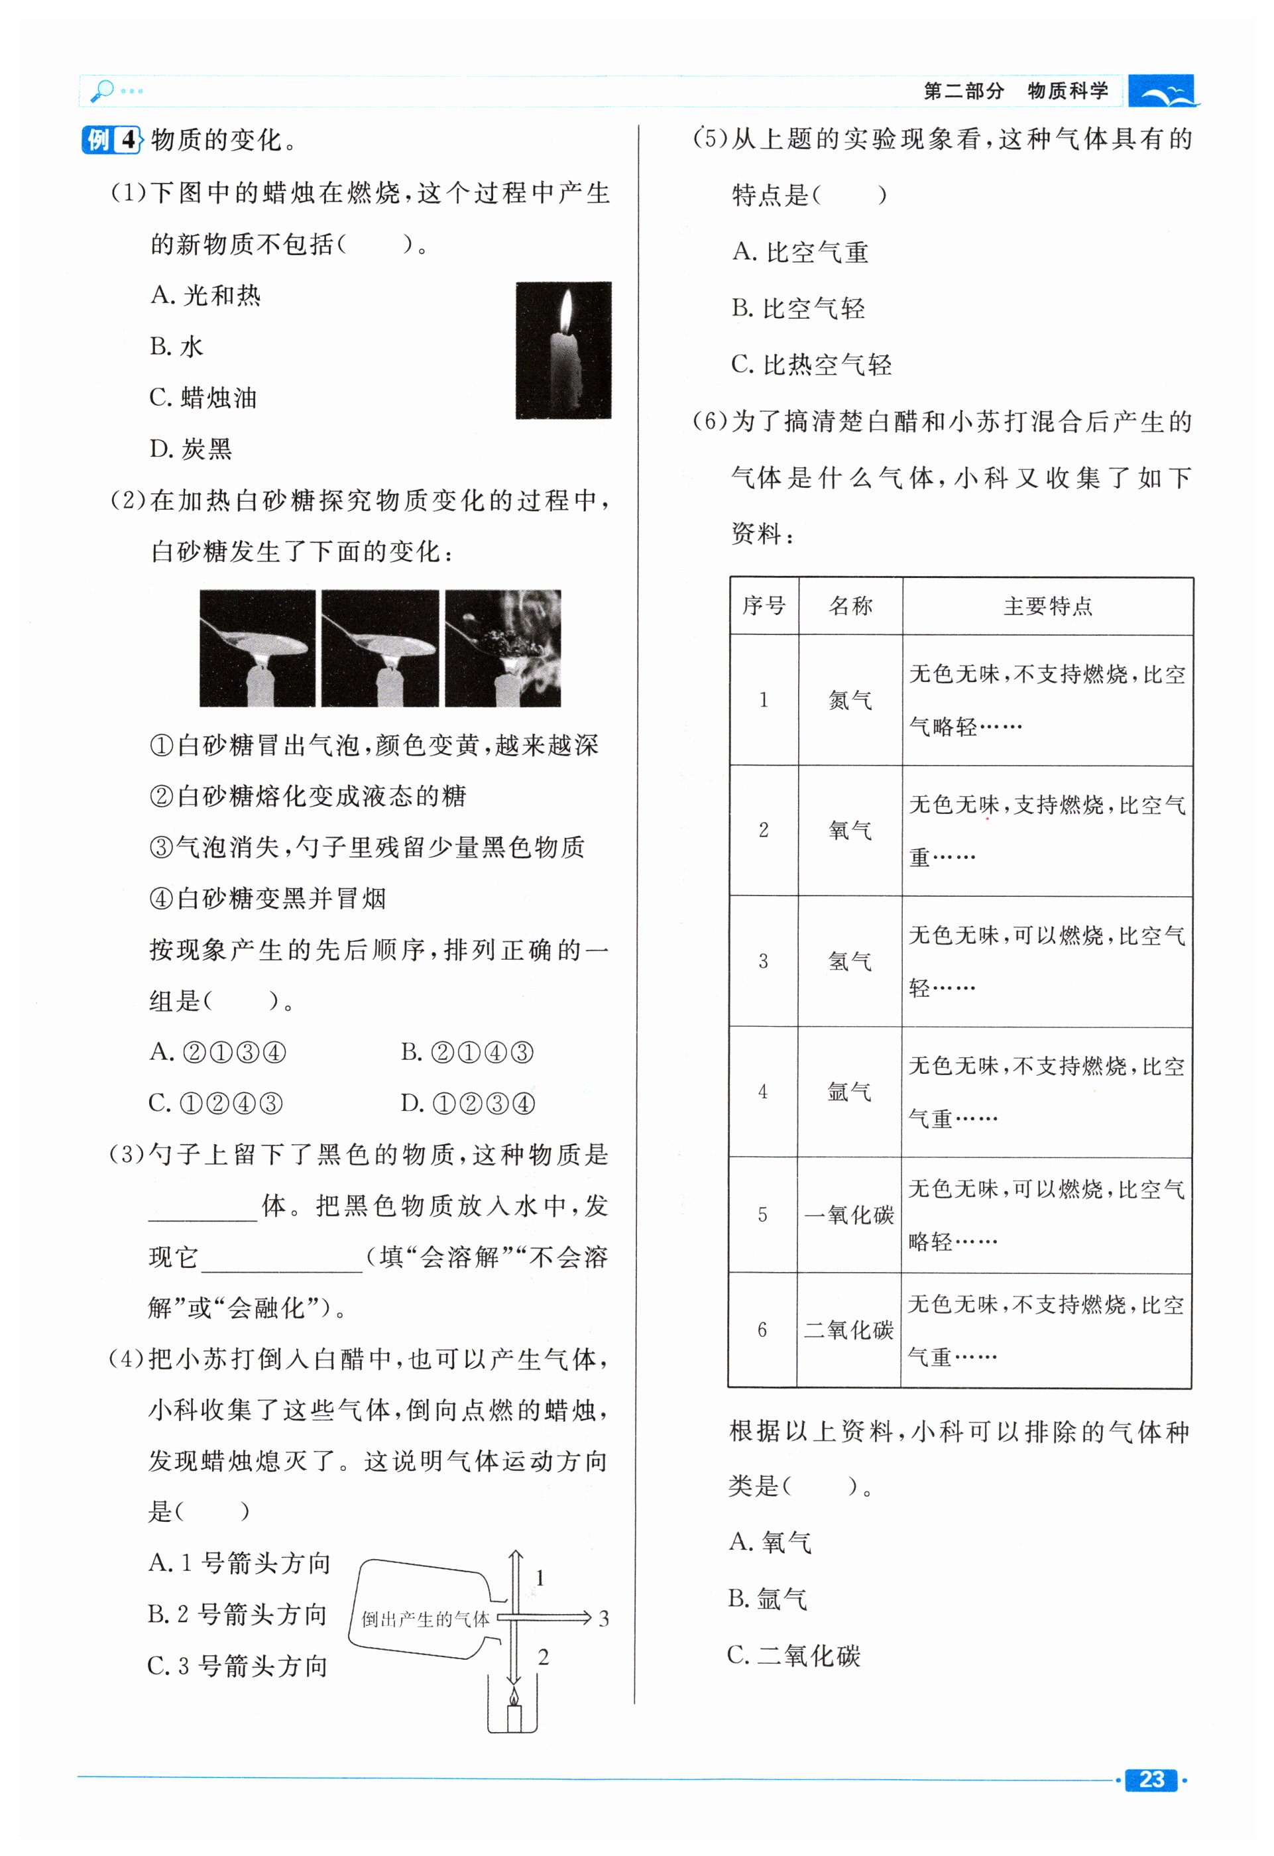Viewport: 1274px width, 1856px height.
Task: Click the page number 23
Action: pos(1150,1779)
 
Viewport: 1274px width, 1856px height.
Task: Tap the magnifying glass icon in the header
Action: pos(102,90)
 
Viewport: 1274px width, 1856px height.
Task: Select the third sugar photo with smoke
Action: pos(502,648)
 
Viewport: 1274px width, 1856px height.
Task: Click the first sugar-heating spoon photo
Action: pos(257,648)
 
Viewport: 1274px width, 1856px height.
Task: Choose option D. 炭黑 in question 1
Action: pos(191,449)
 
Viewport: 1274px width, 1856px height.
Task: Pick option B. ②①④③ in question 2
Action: pos(467,1052)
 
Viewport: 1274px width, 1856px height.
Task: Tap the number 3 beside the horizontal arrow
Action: pos(604,1619)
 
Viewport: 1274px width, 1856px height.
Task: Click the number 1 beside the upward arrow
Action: pos(540,1578)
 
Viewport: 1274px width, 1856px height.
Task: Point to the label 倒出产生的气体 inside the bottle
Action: pos(425,1619)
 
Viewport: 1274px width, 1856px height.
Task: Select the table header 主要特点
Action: pos(1047,606)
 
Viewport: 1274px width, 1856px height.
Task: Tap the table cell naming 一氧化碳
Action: pos(849,1215)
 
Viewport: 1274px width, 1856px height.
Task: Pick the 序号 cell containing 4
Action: pos(763,1091)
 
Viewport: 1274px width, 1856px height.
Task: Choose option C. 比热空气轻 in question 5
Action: pos(811,365)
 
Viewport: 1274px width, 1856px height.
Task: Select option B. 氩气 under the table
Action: pos(768,1599)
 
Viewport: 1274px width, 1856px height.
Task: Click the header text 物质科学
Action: pos(1068,91)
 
